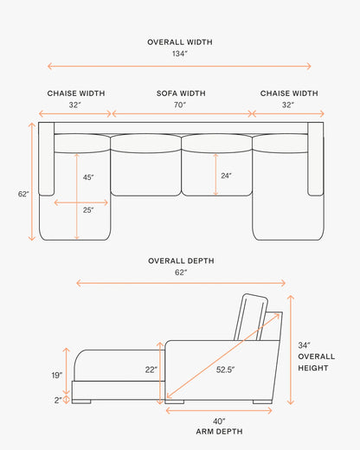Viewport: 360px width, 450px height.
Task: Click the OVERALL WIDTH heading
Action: tap(180, 42)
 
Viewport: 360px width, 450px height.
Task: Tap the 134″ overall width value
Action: tap(180, 54)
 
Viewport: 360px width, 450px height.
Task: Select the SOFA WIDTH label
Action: tap(181, 93)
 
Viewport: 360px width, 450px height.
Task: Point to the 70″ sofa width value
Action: tap(180, 105)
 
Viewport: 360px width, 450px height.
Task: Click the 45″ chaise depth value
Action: tap(88, 177)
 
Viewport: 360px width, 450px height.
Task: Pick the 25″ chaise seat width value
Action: tap(88, 210)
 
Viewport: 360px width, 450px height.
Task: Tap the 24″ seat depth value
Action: tap(226, 176)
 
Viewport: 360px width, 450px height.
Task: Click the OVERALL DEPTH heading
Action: tap(181, 260)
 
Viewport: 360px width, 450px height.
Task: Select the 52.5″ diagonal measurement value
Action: tap(225, 370)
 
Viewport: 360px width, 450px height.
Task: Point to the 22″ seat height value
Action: tap(151, 370)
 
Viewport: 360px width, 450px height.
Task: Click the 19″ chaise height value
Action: tap(57, 376)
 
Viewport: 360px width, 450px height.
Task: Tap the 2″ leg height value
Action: tap(58, 401)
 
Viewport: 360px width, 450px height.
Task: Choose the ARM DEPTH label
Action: tap(219, 432)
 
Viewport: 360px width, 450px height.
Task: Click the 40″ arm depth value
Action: tap(219, 421)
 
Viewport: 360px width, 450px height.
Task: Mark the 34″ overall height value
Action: tap(304, 345)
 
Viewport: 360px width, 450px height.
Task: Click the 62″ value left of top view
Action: tap(23, 194)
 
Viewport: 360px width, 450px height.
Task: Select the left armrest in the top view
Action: tap(47, 159)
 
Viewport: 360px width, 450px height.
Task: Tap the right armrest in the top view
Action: tap(315, 159)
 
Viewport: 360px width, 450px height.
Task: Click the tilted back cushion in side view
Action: tap(251, 318)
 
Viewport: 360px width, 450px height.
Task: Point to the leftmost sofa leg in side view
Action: tap(81, 402)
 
